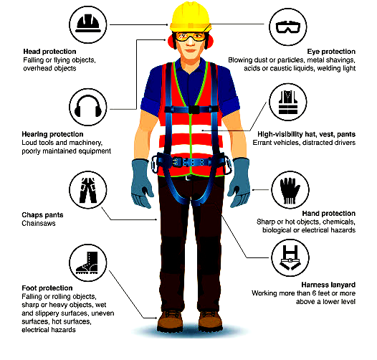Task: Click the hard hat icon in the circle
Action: [x=87, y=24]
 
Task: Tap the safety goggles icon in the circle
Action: [x=288, y=27]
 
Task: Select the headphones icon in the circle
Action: [x=87, y=106]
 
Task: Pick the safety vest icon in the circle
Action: [x=288, y=102]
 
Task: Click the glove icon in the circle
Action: [x=290, y=191]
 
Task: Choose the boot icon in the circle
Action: [x=87, y=262]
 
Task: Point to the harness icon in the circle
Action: [x=290, y=257]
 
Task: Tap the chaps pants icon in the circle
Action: [x=87, y=190]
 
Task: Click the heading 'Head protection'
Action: [x=49, y=52]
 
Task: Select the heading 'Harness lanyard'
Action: [x=328, y=285]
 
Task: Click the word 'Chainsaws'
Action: [x=39, y=223]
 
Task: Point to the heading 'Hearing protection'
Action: [x=52, y=134]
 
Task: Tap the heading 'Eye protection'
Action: [x=331, y=52]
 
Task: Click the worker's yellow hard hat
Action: [x=190, y=16]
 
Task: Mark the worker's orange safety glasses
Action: [x=190, y=37]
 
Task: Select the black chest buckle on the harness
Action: [x=194, y=110]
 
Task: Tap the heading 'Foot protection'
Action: [x=47, y=288]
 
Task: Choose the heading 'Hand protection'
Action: [x=329, y=214]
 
